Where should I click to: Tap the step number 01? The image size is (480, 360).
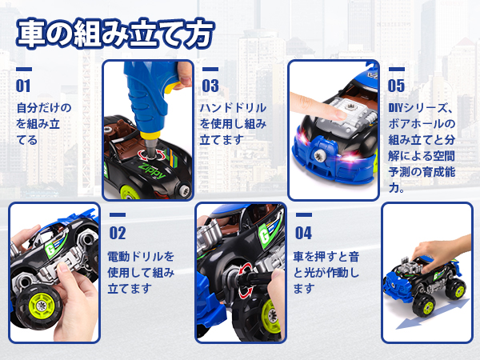click(23, 85)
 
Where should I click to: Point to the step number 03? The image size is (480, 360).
click(210, 85)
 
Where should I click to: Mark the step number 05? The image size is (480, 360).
click(396, 85)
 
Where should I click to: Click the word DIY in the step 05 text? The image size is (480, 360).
click(397, 107)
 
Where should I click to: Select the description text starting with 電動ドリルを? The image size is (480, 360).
click(141, 272)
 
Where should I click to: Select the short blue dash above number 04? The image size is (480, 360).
click(303, 215)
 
